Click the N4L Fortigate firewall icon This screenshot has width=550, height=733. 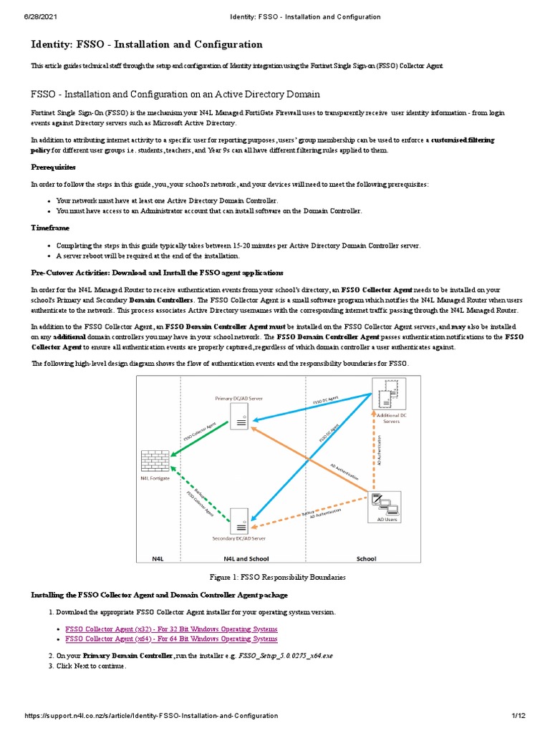[x=155, y=460]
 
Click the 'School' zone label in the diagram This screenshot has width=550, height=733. [x=366, y=558]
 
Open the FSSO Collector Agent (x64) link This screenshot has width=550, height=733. [x=171, y=639]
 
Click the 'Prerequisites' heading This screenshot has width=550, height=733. [x=53, y=167]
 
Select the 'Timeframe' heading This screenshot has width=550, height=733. [x=50, y=228]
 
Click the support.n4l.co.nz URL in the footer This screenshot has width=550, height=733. [x=150, y=716]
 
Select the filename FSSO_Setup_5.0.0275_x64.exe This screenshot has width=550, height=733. [x=286, y=655]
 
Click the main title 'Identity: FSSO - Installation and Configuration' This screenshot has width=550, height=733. [x=146, y=44]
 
